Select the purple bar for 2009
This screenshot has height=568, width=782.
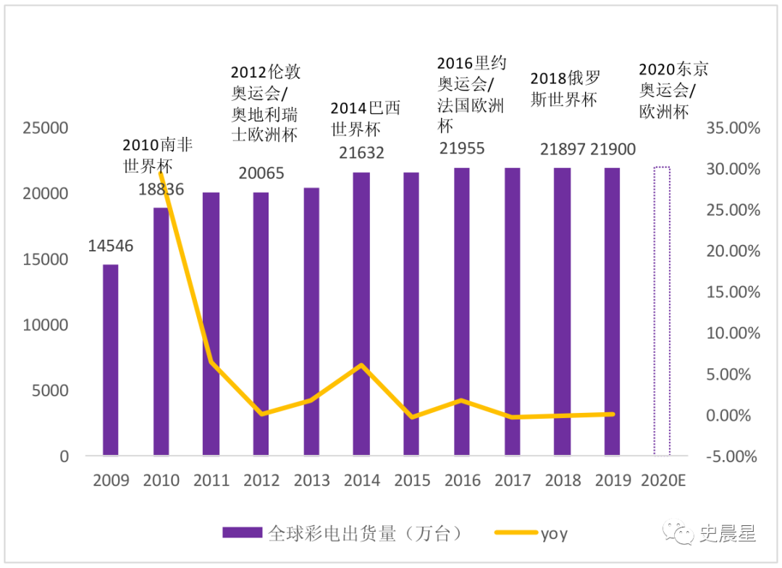[x=110, y=360]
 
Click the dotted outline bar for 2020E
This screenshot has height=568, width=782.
[x=662, y=312]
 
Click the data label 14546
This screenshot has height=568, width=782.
[x=110, y=246]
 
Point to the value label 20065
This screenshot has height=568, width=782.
[x=261, y=174]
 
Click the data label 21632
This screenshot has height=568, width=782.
[x=361, y=153]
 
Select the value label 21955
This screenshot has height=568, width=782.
[x=461, y=149]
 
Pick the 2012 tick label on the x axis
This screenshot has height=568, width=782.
[x=261, y=480]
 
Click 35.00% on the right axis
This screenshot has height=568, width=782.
[x=733, y=128]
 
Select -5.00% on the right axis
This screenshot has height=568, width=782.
[x=733, y=457]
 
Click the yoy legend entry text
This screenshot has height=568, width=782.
[x=554, y=535]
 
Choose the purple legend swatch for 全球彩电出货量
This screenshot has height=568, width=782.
[x=242, y=534]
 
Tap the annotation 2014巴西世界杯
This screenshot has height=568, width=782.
[x=365, y=119]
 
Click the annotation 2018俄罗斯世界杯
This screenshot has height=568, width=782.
[x=565, y=89]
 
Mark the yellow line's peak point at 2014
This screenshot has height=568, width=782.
[x=362, y=365]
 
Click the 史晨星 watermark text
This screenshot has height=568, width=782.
[x=728, y=535]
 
